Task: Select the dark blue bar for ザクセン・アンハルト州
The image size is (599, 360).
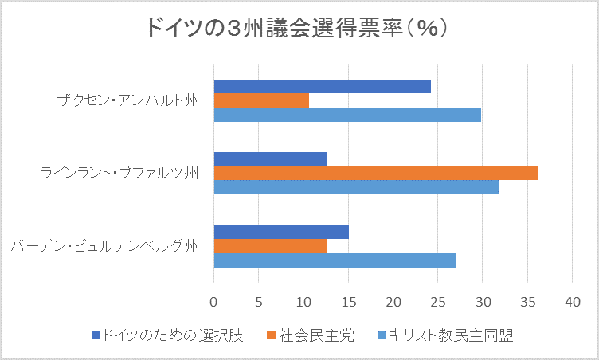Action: pos(322,86)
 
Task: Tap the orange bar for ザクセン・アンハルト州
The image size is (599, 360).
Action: pos(261,100)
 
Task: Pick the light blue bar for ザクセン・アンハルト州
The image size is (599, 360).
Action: pos(347,115)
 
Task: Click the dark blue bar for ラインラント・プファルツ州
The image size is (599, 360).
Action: pos(270,159)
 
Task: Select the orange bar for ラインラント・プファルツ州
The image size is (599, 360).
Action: pos(376,173)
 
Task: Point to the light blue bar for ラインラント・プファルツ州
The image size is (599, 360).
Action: pos(356,187)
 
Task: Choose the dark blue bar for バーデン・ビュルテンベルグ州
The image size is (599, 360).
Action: pos(281,232)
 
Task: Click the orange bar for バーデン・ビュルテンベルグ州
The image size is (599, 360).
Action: pos(270,246)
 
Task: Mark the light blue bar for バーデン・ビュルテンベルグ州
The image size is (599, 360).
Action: pos(335,260)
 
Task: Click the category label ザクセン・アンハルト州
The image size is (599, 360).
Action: pos(127,100)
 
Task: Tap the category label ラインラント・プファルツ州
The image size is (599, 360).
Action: pos(119,173)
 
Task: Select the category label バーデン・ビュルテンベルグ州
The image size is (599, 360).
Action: pos(105,246)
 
